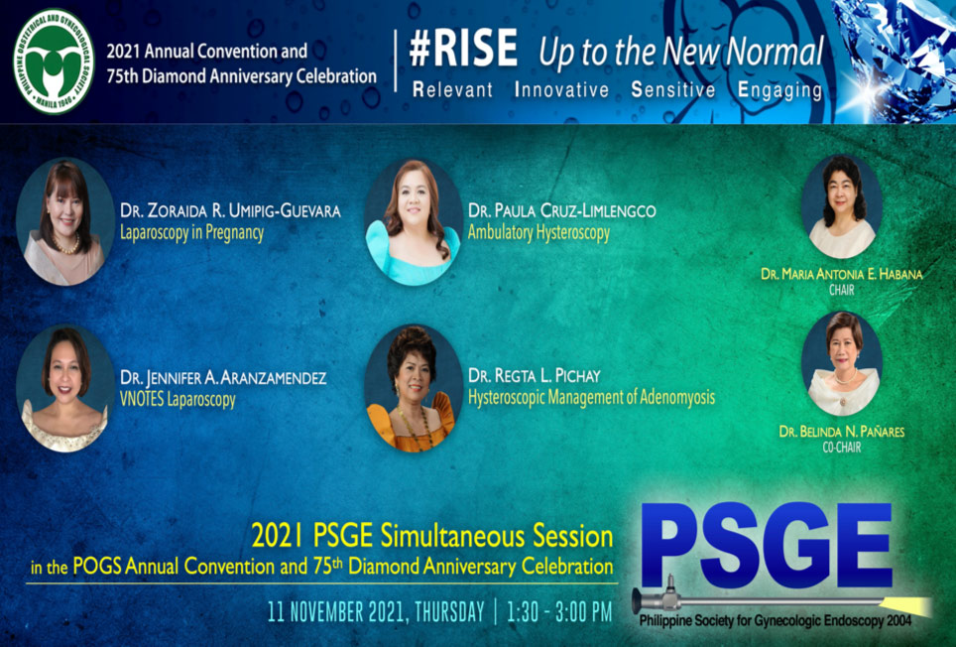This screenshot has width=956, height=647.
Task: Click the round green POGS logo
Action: coord(54,61)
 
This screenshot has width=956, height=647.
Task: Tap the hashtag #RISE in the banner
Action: coord(463,49)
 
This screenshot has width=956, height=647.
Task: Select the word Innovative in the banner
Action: coord(561,89)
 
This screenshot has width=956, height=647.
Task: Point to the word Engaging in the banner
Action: coord(779,90)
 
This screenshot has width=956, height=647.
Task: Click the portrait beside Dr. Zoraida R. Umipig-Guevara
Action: coord(64,221)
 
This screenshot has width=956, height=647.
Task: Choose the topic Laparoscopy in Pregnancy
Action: coord(191,233)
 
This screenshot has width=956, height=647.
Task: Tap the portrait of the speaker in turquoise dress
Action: coord(414,222)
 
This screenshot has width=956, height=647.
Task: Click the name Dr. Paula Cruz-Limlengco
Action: coord(561,211)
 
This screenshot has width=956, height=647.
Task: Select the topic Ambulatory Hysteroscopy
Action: coord(538,233)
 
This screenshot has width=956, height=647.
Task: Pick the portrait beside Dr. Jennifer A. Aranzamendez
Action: coord(64,388)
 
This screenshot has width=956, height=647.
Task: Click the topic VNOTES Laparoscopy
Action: coord(178,400)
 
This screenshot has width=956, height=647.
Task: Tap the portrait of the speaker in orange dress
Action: coord(414,388)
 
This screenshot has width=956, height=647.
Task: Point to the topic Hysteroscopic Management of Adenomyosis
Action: coord(591,398)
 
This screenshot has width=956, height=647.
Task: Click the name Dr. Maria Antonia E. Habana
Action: coord(841,275)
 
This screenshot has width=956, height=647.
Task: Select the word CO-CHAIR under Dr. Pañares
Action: coord(841,448)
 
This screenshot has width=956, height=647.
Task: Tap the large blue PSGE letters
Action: coord(766,545)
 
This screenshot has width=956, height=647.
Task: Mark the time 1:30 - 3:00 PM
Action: coord(559,611)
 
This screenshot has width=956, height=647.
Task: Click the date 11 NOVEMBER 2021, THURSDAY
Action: coord(376,611)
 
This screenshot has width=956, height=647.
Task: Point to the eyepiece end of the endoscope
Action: coord(636,600)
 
